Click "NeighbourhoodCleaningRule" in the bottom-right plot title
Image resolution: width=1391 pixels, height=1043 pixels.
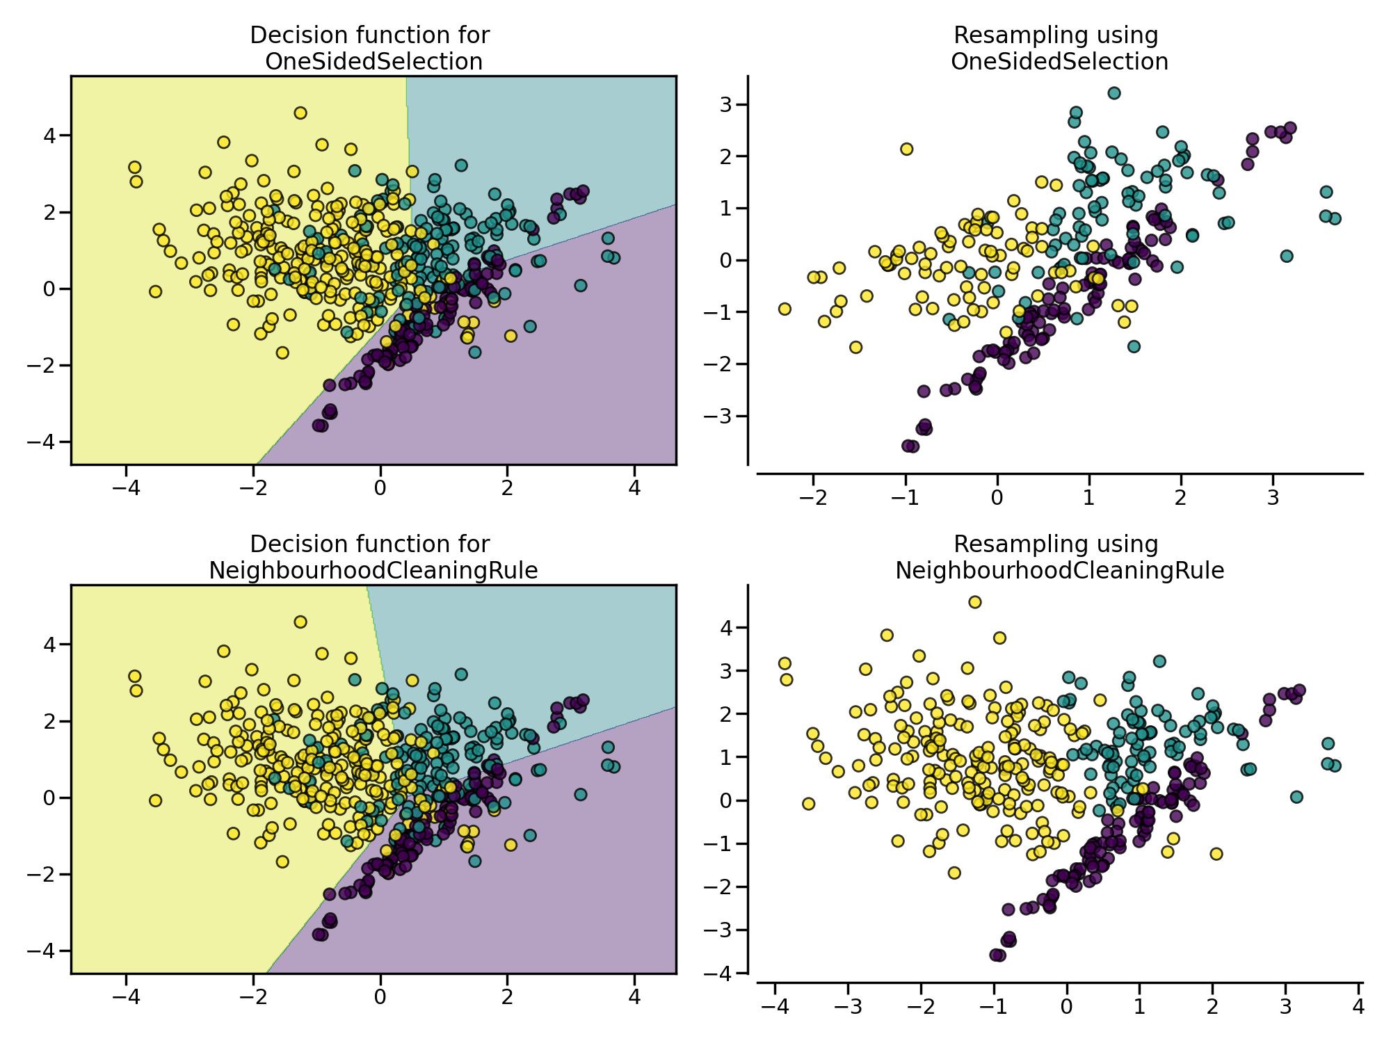pos(1059,571)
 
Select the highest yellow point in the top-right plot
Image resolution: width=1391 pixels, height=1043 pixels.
pos(906,149)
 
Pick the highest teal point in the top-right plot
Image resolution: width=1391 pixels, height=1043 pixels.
pos(1114,92)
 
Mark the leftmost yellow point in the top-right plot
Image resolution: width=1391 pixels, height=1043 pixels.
pos(785,309)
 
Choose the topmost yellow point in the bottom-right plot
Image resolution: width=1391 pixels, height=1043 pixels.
pos(975,602)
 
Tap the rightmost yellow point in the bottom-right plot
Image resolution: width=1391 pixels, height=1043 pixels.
pos(1216,854)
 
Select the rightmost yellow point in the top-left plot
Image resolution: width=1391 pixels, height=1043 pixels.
pos(510,336)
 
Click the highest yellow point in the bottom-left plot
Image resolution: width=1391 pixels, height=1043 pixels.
pos(300,622)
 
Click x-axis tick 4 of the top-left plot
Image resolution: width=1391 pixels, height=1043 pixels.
pos(634,488)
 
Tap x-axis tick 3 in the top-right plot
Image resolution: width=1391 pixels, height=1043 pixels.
pos(1273,498)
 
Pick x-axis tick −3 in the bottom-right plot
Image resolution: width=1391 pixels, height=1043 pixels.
pos(848,1007)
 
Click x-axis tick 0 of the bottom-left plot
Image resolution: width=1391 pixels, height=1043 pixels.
pos(380,997)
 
